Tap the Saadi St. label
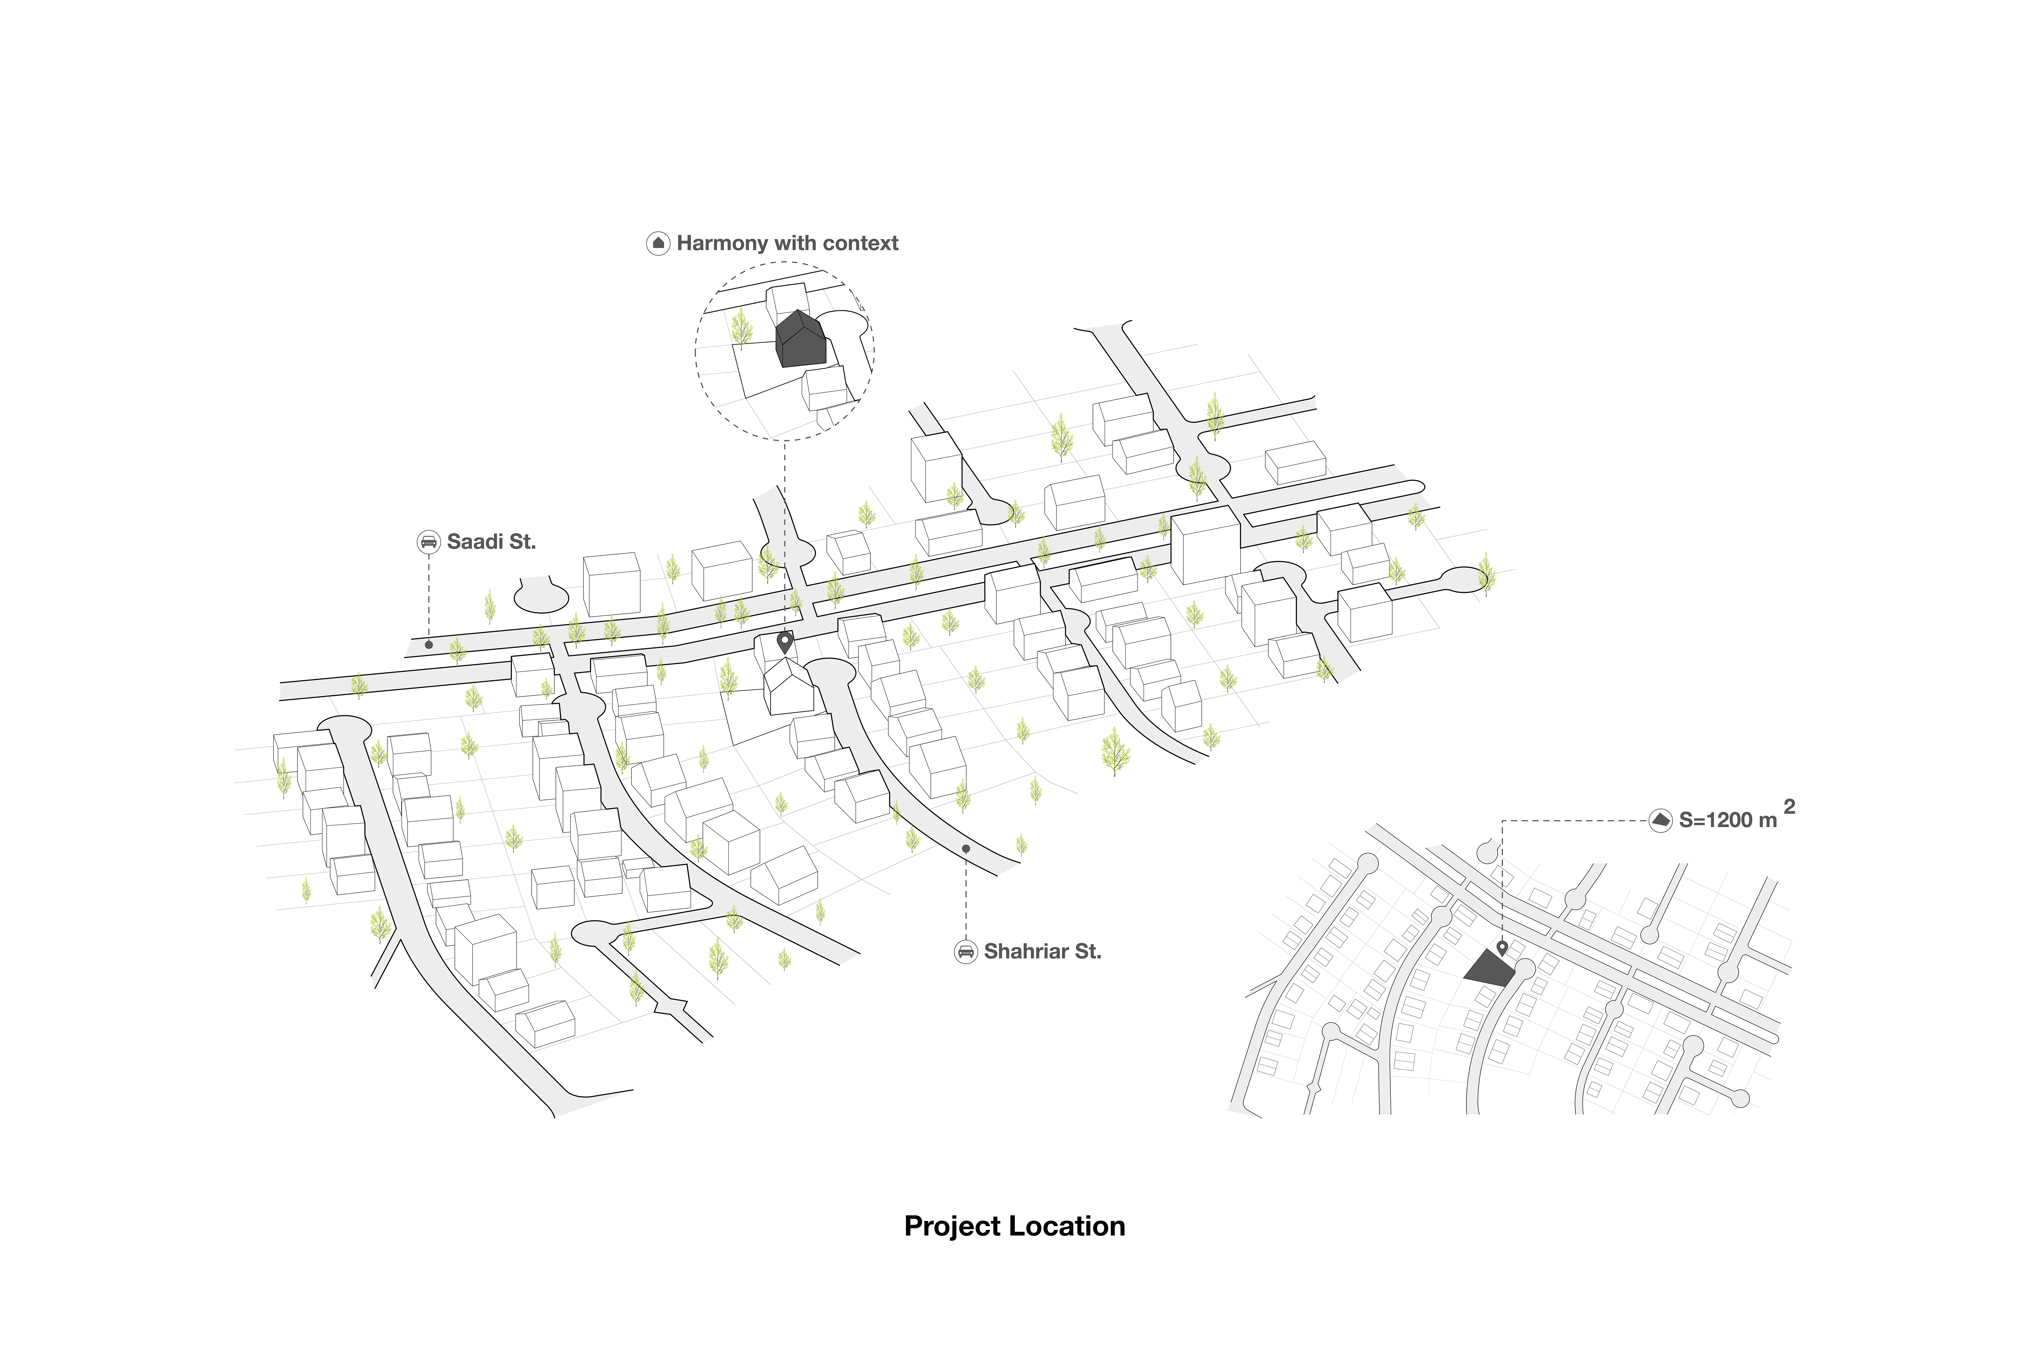tap(491, 542)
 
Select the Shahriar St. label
tap(1043, 952)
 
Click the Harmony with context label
tap(787, 243)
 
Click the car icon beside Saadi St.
tap(428, 542)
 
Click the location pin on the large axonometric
tap(785, 642)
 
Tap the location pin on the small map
tap(1502, 948)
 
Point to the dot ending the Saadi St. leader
tap(429, 645)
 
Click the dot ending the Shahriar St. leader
tap(966, 849)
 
